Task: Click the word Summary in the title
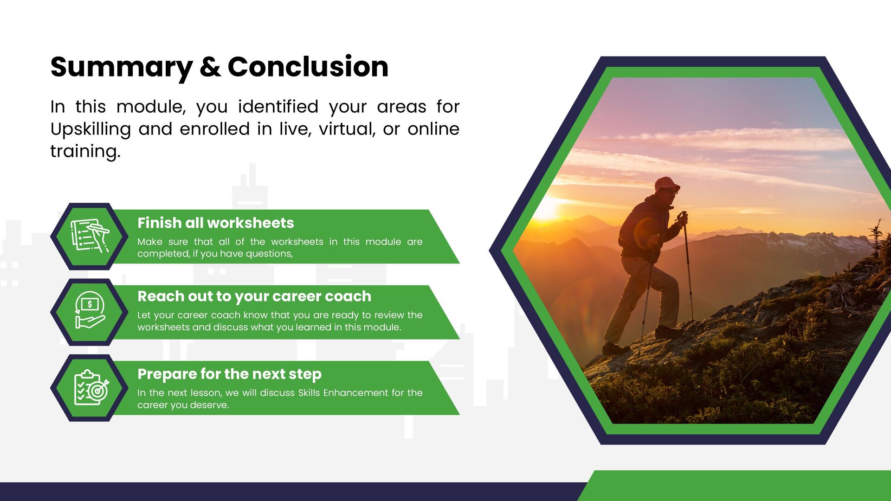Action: click(x=122, y=68)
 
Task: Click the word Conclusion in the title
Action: click(x=308, y=67)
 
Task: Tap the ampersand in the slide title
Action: click(x=210, y=67)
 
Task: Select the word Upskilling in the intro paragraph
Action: click(x=90, y=129)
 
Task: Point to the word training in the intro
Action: click(x=85, y=152)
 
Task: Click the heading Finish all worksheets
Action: click(x=216, y=223)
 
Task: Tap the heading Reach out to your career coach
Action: click(x=254, y=296)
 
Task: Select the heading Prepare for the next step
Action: click(x=229, y=374)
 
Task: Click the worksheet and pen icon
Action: click(x=90, y=236)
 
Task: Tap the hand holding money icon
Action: click(x=90, y=310)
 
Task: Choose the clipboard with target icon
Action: click(x=91, y=387)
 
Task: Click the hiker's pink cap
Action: click(x=666, y=184)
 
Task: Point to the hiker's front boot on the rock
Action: click(x=668, y=332)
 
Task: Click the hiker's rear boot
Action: click(x=616, y=348)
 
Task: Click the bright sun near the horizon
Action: click(x=545, y=209)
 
